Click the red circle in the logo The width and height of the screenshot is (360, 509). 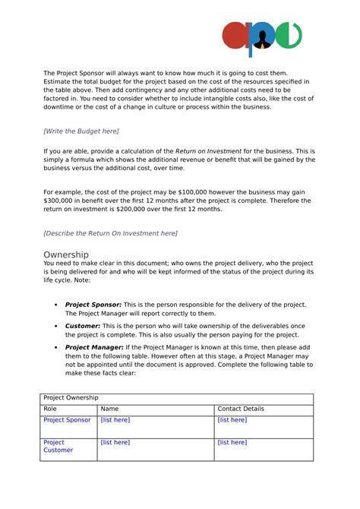(235, 36)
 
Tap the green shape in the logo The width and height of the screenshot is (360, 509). (289, 36)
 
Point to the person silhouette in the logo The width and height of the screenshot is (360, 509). (262, 38)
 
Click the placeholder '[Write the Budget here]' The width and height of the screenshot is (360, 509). (81, 131)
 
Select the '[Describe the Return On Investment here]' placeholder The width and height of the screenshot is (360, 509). (110, 232)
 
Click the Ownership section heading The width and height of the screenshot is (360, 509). (66, 254)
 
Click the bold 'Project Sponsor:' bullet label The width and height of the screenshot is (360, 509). (93, 305)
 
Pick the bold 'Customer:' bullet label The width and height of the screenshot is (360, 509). (83, 325)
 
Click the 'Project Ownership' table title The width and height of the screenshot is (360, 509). (71, 398)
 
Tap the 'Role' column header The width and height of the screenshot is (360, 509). (51, 409)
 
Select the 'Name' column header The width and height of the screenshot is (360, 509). (109, 409)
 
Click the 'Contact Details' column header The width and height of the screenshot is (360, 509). (241, 409)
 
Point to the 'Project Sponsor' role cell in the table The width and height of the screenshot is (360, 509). (67, 420)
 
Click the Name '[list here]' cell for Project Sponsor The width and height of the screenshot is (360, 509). (115, 420)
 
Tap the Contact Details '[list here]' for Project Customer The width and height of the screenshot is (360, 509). (232, 442)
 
